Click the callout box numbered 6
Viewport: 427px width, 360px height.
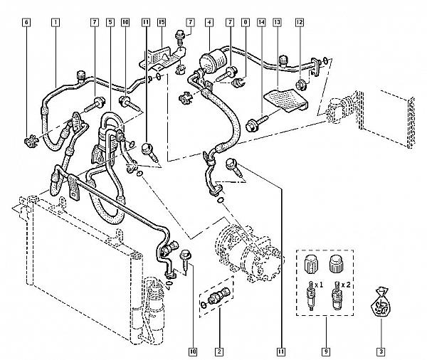point(26,22)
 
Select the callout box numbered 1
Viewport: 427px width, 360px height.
point(55,22)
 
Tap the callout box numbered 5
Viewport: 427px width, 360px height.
point(110,22)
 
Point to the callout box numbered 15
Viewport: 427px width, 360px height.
point(162,22)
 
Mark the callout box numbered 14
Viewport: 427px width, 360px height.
point(261,22)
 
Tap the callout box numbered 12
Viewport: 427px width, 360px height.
point(300,22)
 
